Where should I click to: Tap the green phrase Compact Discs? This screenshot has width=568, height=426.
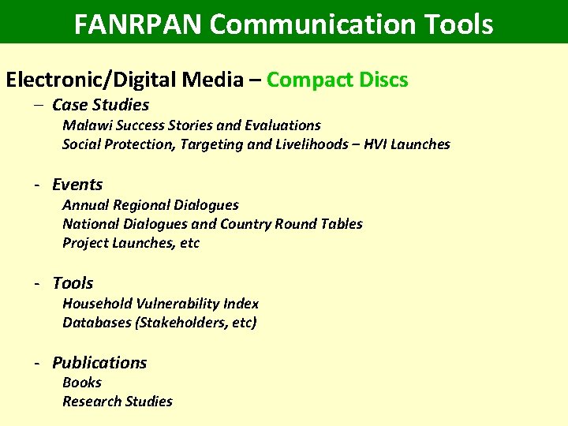338,80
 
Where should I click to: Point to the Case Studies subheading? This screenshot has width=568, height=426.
100,105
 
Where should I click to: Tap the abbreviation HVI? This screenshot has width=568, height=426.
376,144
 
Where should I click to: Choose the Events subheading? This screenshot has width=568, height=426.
77,185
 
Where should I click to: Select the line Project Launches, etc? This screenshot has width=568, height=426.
131,243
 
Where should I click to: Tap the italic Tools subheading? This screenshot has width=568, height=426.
73,283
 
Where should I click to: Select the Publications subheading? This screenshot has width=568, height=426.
99,363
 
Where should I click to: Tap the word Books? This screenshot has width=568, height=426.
82,383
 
